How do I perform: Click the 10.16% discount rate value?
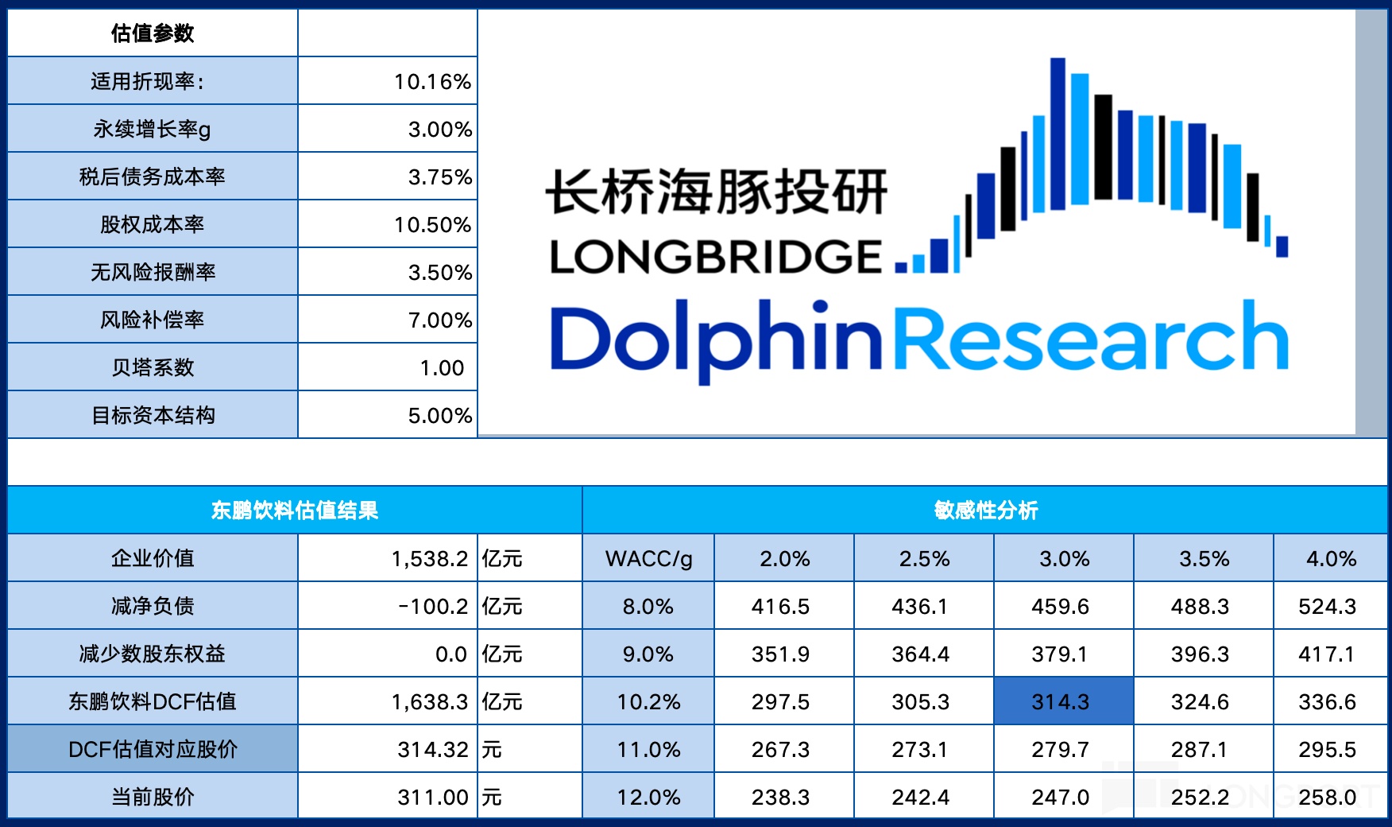[x=432, y=82]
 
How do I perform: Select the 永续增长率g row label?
[x=152, y=129]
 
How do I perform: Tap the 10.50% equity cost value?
[x=432, y=225]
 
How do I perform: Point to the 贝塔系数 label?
[x=153, y=367]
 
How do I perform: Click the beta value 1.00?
[x=442, y=368]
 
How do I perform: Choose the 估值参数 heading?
[x=153, y=33]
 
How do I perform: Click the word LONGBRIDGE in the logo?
[x=715, y=257]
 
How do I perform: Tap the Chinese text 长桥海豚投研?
[x=716, y=192]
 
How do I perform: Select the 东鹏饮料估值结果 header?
[x=295, y=511]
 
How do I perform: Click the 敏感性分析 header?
[x=985, y=511]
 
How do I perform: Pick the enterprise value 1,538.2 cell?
[x=429, y=559]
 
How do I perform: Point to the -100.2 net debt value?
[x=433, y=607]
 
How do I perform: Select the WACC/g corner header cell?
[x=648, y=559]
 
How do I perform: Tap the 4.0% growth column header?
[x=1331, y=559]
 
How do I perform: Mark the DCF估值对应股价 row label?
[x=153, y=749]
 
